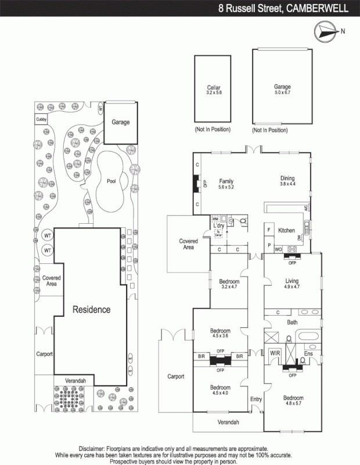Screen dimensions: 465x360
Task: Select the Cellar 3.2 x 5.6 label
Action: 214,90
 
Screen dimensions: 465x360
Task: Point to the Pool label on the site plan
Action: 112,181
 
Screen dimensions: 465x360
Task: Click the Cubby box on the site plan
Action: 41,120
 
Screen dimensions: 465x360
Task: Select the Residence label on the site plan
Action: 91,309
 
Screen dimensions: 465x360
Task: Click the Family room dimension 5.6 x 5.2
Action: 226,187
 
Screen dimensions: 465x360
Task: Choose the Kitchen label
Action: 286,230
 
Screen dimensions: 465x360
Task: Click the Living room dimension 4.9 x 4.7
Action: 292,287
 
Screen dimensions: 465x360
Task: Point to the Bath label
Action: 292,321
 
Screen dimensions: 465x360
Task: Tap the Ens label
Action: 309,352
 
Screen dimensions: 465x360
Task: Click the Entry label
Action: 256,399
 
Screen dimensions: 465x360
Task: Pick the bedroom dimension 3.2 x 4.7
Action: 229,287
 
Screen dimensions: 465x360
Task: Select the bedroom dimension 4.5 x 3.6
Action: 220,336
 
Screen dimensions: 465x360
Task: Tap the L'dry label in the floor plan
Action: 219,225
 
